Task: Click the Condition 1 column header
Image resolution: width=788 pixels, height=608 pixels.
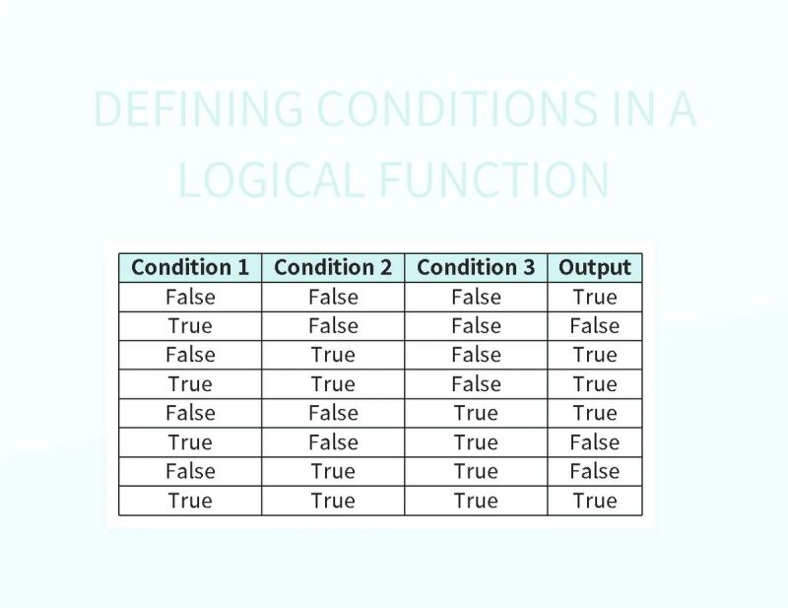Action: tap(190, 267)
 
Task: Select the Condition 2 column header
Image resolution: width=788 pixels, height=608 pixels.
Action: tap(333, 267)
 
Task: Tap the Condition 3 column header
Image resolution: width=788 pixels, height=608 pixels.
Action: tap(476, 267)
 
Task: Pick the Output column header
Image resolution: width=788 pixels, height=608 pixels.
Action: tap(595, 267)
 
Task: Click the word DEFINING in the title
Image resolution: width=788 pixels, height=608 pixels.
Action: tap(198, 109)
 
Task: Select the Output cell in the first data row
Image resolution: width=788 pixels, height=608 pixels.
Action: tap(595, 297)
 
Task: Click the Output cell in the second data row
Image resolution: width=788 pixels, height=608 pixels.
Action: tap(595, 326)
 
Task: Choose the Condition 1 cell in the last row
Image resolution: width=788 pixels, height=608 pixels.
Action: tap(190, 501)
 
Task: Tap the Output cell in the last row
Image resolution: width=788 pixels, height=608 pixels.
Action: tap(595, 501)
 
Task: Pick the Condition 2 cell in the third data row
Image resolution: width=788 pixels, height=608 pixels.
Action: tap(333, 355)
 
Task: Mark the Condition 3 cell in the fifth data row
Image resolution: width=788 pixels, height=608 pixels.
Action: tap(476, 413)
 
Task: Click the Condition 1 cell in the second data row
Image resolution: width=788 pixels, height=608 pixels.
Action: tap(190, 326)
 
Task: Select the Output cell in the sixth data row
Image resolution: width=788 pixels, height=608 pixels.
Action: tap(595, 442)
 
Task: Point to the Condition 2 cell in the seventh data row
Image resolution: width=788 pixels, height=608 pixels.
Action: tap(333, 471)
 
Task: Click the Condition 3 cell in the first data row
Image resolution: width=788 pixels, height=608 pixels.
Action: tap(476, 297)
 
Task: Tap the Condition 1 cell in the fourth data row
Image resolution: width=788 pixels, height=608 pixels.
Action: tap(190, 384)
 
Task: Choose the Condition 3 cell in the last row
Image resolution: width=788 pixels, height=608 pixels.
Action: tap(476, 501)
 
